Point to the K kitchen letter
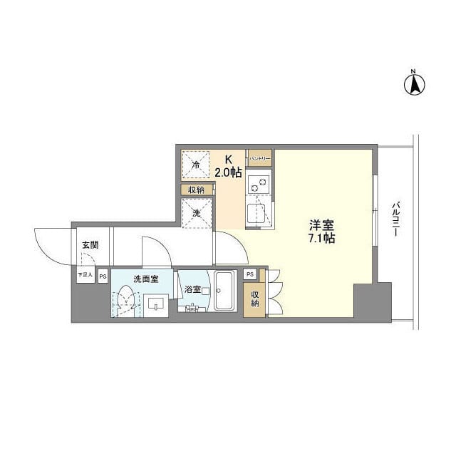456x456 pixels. (229, 160)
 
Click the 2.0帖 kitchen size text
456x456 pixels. (229, 172)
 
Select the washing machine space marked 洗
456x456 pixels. (196, 214)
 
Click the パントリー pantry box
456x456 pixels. (260, 157)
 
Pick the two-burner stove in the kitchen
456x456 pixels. (259, 184)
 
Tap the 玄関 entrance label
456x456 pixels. (90, 245)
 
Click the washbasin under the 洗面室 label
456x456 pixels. (156, 304)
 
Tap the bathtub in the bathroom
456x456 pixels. (226, 291)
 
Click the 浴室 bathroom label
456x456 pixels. (193, 289)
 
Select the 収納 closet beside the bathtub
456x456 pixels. (254, 299)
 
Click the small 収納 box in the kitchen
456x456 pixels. (196, 190)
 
